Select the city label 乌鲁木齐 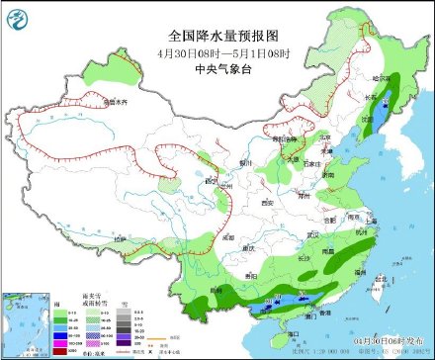point(116,101)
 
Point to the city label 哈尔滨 point(381,77)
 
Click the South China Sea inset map point(27,320)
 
